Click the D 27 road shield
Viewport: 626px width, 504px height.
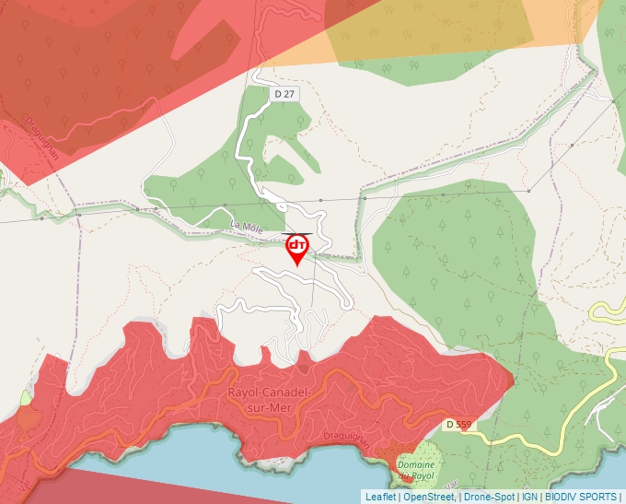pos(284,94)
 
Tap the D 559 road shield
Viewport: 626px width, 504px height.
pos(457,425)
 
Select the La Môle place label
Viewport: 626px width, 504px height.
pos(246,225)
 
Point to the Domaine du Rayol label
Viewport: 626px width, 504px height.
pos(417,471)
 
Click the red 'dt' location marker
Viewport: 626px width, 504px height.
pos(297,246)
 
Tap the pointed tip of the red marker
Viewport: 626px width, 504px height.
pos(297,266)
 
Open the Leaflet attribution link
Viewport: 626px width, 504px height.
pos(380,497)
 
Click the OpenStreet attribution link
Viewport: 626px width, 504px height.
pos(428,497)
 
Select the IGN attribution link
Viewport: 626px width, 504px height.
pos(530,497)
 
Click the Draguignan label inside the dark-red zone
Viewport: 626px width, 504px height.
pos(42,137)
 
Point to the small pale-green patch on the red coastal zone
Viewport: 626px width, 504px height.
pos(24,399)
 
